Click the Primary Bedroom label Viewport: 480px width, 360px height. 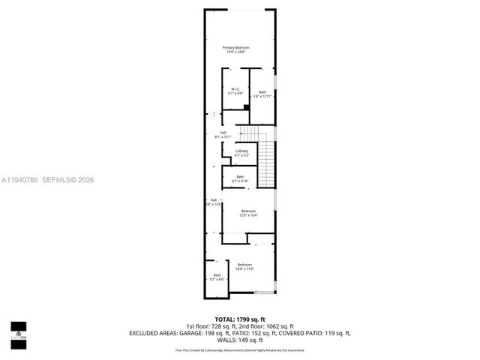[x=235, y=48]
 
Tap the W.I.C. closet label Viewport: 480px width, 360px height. [x=235, y=89]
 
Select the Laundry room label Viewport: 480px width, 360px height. [x=241, y=151]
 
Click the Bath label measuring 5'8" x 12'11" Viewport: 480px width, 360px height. [x=262, y=92]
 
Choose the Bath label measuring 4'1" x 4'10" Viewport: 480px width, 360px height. [x=240, y=177]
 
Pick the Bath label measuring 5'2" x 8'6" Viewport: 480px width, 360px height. [x=217, y=275]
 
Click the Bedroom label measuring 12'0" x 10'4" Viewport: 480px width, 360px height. [x=248, y=211]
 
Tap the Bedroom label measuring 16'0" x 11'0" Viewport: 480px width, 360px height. [x=245, y=265]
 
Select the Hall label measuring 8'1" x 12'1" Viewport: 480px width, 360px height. [x=223, y=133]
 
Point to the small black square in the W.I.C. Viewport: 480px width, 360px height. [x=246, y=107]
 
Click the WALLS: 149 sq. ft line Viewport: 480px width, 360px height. [x=240, y=338]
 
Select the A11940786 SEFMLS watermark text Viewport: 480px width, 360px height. [x=47, y=180]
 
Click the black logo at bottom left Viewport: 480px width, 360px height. [x=18, y=331]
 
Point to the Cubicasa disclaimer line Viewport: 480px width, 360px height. [x=240, y=349]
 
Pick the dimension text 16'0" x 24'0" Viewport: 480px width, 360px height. [x=235, y=52]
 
